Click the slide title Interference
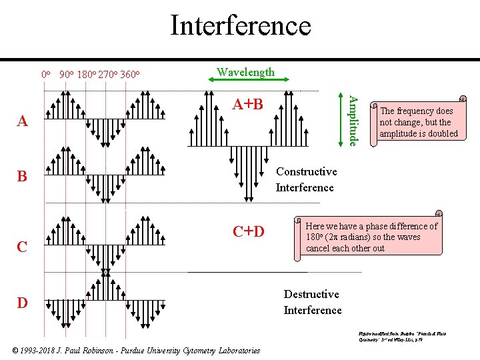(240, 25)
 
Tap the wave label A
(23, 121)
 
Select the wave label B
(22, 177)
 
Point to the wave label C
(22, 247)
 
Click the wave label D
(22, 303)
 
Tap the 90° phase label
(66, 74)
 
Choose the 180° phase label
(86, 74)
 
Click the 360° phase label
(129, 74)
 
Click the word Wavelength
(245, 71)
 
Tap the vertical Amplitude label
(353, 120)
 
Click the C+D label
(248, 232)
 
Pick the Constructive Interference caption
(306, 179)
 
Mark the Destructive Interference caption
(312, 302)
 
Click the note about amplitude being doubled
(419, 122)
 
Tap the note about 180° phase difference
(371, 237)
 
